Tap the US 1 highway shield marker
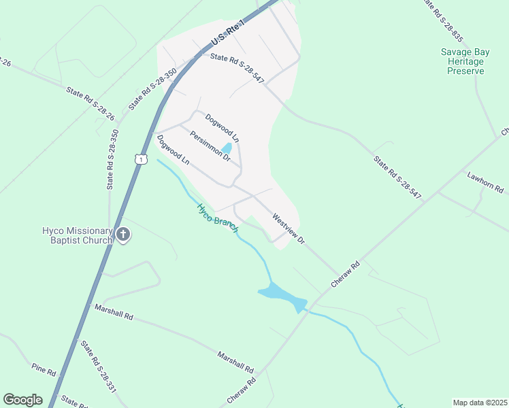point(140,159)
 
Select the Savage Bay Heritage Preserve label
point(462,61)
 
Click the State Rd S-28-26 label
point(90,103)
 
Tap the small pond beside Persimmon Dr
point(227,148)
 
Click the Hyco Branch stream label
point(217,218)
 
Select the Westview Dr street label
point(289,229)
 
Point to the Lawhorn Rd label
point(484,182)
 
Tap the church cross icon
point(123,235)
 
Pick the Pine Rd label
point(44,369)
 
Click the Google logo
point(22,400)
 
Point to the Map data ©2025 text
point(479,403)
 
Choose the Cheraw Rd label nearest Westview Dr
point(346,274)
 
